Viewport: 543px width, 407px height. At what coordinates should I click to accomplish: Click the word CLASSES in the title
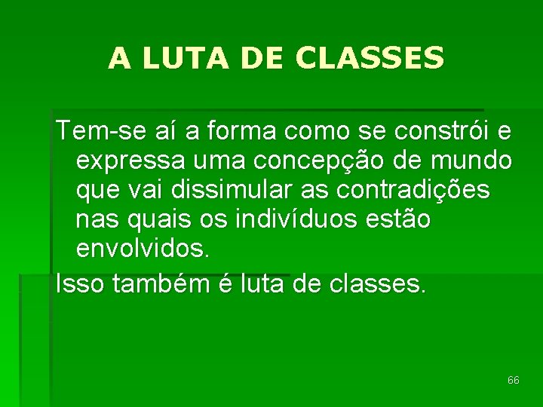[x=370, y=58]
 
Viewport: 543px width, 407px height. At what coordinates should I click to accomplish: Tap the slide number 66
[x=514, y=381]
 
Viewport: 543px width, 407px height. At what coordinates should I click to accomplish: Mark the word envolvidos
[x=143, y=249]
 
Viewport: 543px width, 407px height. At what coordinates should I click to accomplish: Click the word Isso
[x=77, y=284]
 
